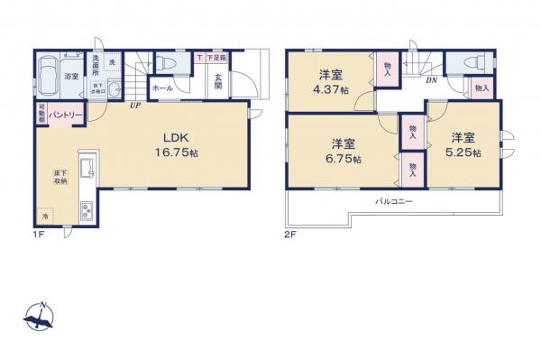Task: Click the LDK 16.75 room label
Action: (175, 145)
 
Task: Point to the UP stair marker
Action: (134, 105)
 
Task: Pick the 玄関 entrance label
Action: (218, 83)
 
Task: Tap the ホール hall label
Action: (163, 88)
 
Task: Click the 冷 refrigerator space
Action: (44, 217)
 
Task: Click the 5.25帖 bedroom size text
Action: (464, 153)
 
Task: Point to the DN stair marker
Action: (431, 81)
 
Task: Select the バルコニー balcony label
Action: (394, 201)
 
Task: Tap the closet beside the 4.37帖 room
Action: (387, 70)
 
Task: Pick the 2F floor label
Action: (291, 234)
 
